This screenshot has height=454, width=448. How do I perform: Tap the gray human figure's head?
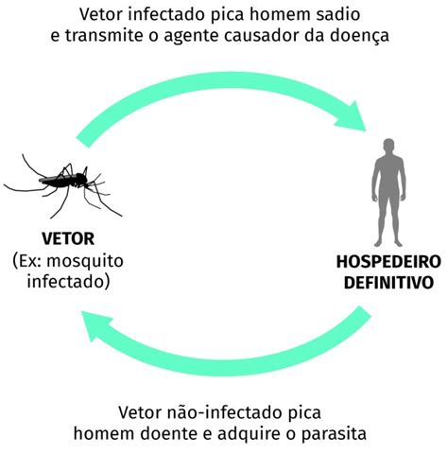(x=388, y=147)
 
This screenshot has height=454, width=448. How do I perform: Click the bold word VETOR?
(x=68, y=238)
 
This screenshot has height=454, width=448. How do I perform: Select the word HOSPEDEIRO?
(x=388, y=262)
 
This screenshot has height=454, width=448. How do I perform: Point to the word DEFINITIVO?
(x=388, y=283)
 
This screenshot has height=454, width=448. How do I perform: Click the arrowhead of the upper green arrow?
(x=352, y=116)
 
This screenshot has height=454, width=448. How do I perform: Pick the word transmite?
(x=105, y=35)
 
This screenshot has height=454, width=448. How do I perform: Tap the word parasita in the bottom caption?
(x=334, y=434)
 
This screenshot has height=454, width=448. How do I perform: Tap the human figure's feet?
(x=388, y=243)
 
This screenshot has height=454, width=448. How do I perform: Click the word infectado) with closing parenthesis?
(x=68, y=282)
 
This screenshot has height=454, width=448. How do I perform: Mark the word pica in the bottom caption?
(x=304, y=412)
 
